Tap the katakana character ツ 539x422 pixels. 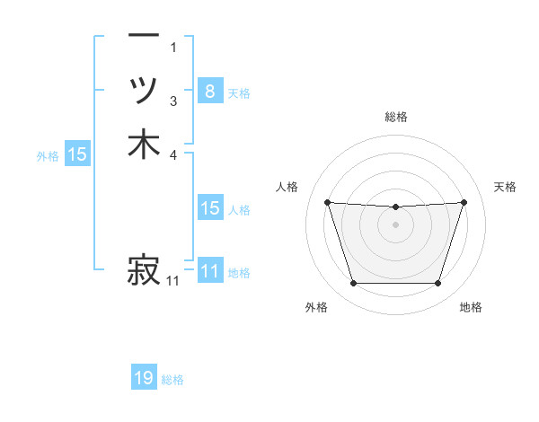[x=144, y=90]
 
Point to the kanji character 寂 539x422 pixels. [x=144, y=269]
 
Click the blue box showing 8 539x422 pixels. [x=209, y=91]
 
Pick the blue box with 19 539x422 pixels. [x=144, y=378]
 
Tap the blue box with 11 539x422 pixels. [x=209, y=271]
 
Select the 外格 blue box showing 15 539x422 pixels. [x=77, y=154]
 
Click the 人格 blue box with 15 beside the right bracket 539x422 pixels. [x=209, y=208]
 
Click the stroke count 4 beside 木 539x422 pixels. [x=173, y=154]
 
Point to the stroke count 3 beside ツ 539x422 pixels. [x=173, y=101]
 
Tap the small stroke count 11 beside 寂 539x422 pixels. [x=173, y=281]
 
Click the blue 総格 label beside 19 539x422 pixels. [x=172, y=380]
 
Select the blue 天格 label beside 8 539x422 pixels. [x=239, y=92]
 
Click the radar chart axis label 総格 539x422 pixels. [x=396, y=117]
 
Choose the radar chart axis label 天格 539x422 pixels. [x=506, y=187]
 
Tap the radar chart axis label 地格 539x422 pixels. [x=471, y=307]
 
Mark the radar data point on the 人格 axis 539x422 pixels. [x=327, y=202]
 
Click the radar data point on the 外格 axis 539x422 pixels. [x=353, y=284]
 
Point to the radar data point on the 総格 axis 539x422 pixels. [x=396, y=207]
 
